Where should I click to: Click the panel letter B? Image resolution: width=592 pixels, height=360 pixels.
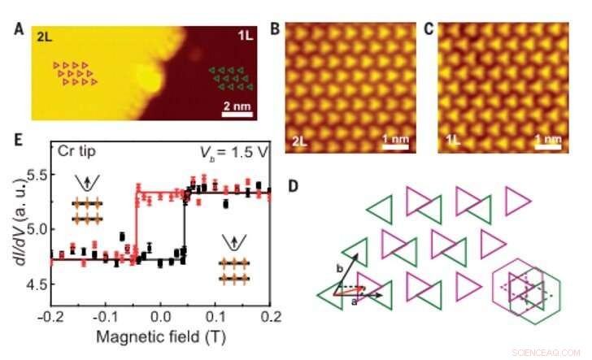click(x=276, y=30)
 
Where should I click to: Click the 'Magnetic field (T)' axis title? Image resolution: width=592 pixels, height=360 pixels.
click(x=160, y=335)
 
